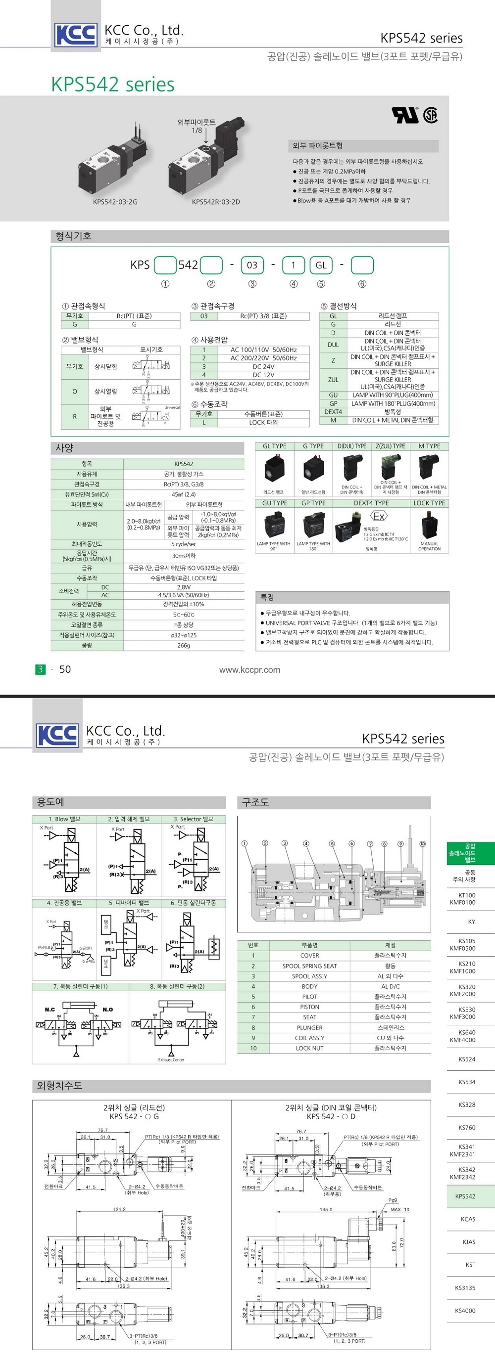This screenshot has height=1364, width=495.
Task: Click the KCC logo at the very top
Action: pyautogui.click(x=76, y=35)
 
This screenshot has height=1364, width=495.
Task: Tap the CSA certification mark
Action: pyautogui.click(x=430, y=115)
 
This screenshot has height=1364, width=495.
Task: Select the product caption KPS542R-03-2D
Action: pyautogui.click(x=216, y=202)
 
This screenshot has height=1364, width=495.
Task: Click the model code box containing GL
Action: pyautogui.click(x=321, y=265)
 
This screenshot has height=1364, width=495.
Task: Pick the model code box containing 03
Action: pyautogui.click(x=252, y=265)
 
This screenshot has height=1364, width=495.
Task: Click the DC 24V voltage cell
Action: pyautogui.click(x=263, y=366)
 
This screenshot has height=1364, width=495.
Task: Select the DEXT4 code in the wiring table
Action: pyautogui.click(x=333, y=411)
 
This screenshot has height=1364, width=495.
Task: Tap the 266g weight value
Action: pyautogui.click(x=183, y=646)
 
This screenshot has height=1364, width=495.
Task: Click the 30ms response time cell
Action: pyautogui.click(x=183, y=556)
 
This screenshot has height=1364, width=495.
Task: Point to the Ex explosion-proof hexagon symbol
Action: pyautogui.click(x=378, y=516)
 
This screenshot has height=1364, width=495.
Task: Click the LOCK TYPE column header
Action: pyautogui.click(x=429, y=503)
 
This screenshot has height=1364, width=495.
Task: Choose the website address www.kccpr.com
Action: pyautogui.click(x=249, y=670)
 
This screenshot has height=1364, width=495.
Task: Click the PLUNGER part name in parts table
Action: pyautogui.click(x=309, y=1028)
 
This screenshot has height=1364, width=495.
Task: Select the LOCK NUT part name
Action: pyautogui.click(x=309, y=1049)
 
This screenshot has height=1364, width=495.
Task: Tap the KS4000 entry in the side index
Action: pyautogui.click(x=466, y=1311)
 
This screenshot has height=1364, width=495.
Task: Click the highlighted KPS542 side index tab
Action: pyautogui.click(x=465, y=1196)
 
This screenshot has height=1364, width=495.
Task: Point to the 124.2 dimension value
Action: pyautogui.click(x=119, y=1209)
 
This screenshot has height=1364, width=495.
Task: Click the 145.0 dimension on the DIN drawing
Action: pyautogui.click(x=326, y=1209)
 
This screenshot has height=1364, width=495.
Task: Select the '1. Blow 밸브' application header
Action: pyautogui.click(x=65, y=819)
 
